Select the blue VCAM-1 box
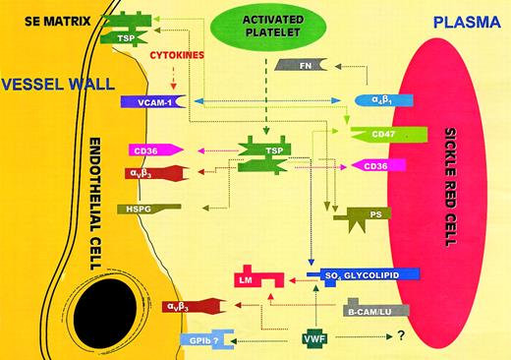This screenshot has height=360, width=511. click(x=146, y=101)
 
